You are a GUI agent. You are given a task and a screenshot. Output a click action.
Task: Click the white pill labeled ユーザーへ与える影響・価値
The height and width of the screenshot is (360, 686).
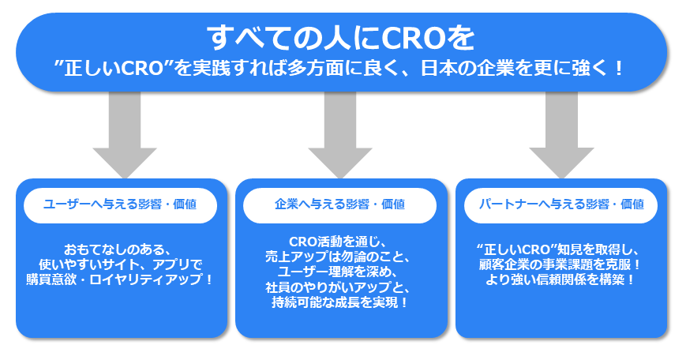point(121,204)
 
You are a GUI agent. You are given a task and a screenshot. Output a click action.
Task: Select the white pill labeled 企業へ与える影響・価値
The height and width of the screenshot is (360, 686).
point(340,204)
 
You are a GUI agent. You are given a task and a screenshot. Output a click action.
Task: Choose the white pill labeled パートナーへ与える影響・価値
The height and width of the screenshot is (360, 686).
point(561,204)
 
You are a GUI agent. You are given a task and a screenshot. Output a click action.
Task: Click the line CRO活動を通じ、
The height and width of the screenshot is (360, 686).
point(340,241)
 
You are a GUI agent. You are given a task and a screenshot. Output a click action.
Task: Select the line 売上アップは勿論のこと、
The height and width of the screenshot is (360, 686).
point(340,256)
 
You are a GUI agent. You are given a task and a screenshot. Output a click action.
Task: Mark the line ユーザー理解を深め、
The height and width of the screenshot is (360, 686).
point(340,271)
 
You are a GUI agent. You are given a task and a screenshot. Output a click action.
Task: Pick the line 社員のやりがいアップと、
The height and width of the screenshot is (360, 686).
point(340,287)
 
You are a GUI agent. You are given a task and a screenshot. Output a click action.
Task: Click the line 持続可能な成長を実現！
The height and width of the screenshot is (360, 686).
point(340,302)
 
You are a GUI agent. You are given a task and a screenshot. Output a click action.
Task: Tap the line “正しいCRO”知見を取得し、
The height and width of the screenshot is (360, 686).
point(561,248)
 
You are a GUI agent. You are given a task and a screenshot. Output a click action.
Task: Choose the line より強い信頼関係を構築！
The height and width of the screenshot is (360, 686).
point(561,279)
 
